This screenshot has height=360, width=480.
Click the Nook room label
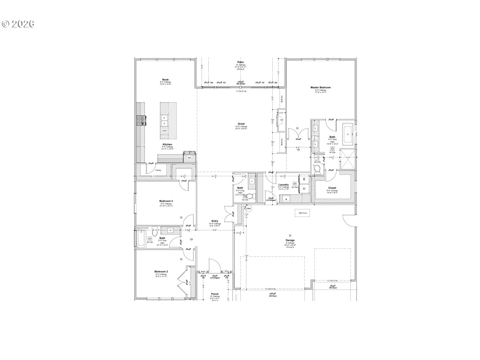pos(165,80)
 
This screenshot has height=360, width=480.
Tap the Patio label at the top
pos(241,62)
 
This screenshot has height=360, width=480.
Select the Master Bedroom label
pos(320,88)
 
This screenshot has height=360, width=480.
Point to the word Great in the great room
pos(241,124)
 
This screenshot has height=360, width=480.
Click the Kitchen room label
pos(167,145)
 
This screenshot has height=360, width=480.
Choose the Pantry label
pos(158,170)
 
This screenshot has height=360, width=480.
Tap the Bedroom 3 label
pos(166,201)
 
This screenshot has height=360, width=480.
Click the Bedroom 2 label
pos(161,271)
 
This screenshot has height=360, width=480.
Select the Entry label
pos(215,221)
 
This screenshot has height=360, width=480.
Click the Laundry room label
pos(283,185)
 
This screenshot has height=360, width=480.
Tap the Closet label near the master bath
pos(332,188)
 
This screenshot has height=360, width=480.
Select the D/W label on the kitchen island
pos(165,131)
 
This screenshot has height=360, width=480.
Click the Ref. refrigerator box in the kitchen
pos(189,157)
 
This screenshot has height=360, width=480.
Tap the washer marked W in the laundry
pos(304,179)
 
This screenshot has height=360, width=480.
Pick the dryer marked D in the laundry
pos(304,188)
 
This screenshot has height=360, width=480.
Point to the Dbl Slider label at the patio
pos(241,84)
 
